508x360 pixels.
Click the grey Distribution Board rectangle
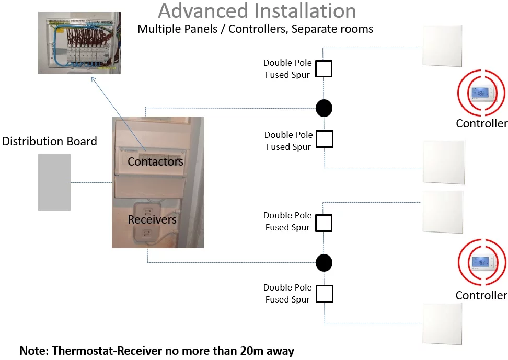(54, 182)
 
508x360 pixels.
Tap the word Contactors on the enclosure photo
(155, 161)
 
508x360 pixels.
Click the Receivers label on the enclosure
(152, 219)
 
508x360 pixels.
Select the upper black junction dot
(324, 108)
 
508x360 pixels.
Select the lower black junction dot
(324, 262)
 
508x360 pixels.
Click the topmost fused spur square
(324, 69)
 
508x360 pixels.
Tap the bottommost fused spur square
(324, 294)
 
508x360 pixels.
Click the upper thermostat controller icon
(481, 93)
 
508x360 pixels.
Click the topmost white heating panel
(442, 46)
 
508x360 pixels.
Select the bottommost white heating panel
(442, 324)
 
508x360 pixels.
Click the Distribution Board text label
(50, 141)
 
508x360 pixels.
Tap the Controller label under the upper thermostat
(481, 124)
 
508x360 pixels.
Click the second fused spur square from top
(324, 140)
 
